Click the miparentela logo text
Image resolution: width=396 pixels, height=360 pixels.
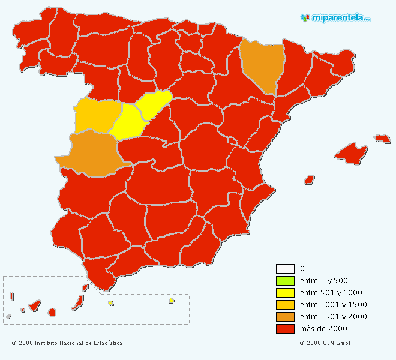pos(340,18)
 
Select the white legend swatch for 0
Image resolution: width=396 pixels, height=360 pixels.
pos(285,268)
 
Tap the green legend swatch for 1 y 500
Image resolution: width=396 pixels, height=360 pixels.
pos(285,280)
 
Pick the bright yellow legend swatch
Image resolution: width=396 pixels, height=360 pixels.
pos(285,292)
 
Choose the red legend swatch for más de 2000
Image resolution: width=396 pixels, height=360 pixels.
pos(285,328)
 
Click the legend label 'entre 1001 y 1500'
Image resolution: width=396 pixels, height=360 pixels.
pos(333,304)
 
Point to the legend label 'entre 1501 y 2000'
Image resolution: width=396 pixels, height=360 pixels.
pos(333,316)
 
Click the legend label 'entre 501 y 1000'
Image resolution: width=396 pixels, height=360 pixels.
pos(331,292)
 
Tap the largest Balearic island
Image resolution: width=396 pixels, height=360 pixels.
pos(351,152)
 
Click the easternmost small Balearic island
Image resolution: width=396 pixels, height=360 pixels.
pos(382,139)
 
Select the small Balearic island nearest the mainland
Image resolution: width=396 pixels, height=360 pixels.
pos(310,179)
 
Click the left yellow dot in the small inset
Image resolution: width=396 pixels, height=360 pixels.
pos(111,303)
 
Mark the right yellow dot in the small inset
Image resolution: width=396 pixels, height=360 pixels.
pos(171,301)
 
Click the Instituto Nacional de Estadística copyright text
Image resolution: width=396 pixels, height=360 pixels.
pos(67,343)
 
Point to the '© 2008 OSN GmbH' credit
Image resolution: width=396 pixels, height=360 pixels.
pos(326,343)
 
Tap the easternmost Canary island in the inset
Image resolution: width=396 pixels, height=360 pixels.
pos(85,288)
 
